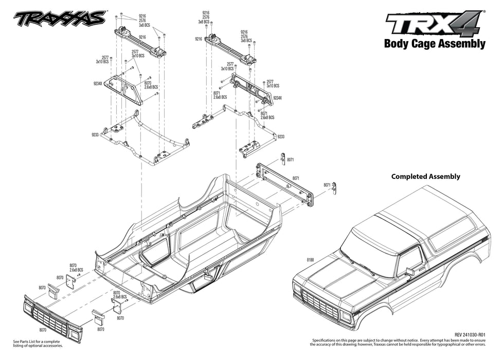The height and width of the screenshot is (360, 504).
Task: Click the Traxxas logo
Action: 61,19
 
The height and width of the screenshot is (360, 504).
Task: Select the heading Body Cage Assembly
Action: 435,44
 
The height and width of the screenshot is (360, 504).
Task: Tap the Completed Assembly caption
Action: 425,176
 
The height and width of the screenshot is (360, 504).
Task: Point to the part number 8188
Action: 311,260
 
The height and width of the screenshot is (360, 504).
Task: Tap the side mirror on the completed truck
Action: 409,271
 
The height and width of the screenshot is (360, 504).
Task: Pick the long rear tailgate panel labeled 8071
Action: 285,184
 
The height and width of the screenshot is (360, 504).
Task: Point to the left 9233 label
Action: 95,135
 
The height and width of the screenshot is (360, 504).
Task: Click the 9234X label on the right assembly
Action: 278,98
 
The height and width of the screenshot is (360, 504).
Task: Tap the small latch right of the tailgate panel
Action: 334,189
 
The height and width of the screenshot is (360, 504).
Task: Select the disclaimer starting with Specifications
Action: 399,343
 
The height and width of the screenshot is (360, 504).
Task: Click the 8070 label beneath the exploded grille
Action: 43,330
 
